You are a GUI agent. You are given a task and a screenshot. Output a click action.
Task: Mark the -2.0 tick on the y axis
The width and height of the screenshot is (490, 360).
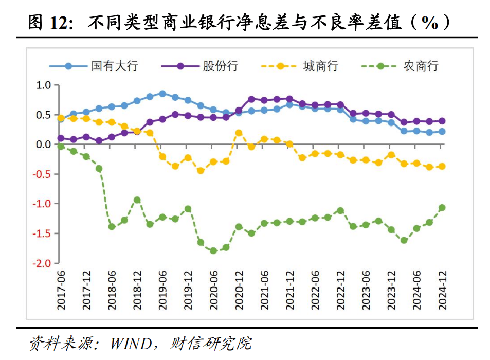click(x=42, y=263)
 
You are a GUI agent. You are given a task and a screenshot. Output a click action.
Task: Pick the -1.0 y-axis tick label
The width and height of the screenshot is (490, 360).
click(x=42, y=204)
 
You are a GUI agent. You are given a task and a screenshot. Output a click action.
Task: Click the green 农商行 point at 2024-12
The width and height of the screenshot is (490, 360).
click(x=442, y=208)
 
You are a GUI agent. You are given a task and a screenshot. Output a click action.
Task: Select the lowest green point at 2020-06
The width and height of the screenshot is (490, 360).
click(x=213, y=250)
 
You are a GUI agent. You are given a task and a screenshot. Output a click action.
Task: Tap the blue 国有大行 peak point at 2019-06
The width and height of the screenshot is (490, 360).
click(x=162, y=94)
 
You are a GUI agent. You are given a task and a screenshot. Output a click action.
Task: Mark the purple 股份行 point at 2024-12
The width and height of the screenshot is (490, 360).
click(x=442, y=121)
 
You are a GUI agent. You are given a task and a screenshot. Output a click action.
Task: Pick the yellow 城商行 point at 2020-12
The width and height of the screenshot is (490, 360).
click(x=239, y=133)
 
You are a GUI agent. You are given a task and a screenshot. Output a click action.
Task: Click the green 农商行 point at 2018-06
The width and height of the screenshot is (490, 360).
click(x=112, y=226)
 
